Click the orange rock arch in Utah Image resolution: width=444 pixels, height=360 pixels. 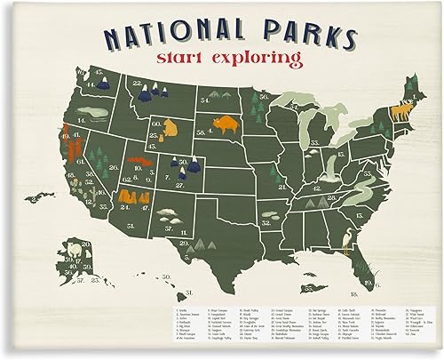coord(136,165)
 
